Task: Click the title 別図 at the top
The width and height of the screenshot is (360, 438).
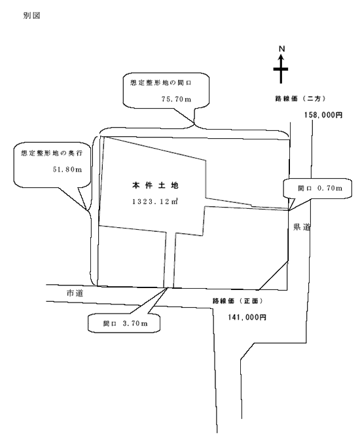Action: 31,16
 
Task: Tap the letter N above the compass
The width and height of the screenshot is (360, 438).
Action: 282,49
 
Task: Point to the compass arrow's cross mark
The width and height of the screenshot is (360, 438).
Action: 281,69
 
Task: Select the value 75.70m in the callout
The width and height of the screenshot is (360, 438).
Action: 176,99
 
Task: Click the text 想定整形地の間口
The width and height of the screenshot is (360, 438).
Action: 160,83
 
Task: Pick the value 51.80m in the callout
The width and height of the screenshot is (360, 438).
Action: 67,170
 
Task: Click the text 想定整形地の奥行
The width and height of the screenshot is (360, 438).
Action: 52,153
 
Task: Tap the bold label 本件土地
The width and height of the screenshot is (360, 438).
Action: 155,185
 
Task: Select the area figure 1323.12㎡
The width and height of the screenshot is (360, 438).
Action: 155,202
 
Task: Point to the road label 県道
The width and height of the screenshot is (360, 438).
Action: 302,227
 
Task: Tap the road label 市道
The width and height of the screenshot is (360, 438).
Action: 75,293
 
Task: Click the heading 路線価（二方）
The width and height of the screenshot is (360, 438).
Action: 300,98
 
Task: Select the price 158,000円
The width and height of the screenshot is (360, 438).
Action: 323,115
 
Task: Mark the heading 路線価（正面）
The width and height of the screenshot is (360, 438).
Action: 238,301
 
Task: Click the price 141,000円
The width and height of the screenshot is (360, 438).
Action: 247,318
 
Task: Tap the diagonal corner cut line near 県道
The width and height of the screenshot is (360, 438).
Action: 274,276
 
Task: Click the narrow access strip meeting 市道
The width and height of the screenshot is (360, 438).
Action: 170,260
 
